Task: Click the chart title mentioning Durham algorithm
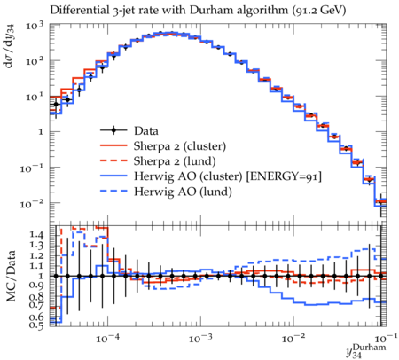point(198,11)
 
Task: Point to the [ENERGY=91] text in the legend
point(284,176)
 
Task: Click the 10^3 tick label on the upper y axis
point(35,26)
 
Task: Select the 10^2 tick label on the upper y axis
point(35,61)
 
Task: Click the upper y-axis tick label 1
point(41,132)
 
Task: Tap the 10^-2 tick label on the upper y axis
point(32,203)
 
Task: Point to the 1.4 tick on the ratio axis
point(36,235)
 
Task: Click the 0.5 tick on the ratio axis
point(36,325)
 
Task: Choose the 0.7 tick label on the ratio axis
point(36,305)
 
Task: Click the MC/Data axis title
point(11,276)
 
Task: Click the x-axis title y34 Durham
point(366,350)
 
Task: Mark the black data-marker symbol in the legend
point(113,130)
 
